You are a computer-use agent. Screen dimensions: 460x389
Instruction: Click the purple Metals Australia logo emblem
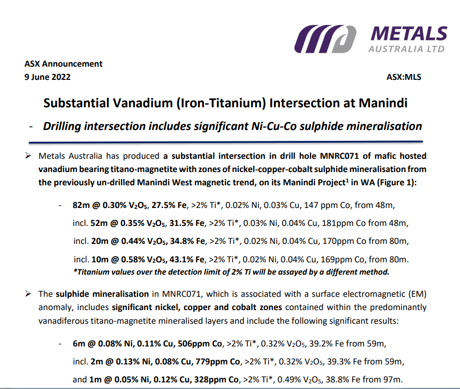tap(325, 39)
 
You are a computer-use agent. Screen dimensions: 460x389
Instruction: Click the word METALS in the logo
tap(409, 34)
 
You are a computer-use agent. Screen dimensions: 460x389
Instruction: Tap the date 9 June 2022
tap(48, 77)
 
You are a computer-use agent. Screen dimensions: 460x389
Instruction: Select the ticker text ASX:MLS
tap(404, 77)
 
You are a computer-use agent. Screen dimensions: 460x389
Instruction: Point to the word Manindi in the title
tap(383, 103)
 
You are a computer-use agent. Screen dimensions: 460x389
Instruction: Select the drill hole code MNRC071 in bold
tap(339, 156)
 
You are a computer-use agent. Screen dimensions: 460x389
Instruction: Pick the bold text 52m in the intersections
tap(99, 223)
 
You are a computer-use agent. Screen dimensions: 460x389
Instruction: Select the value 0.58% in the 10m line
tap(132, 259)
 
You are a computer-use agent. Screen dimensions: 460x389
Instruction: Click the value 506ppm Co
tap(200, 344)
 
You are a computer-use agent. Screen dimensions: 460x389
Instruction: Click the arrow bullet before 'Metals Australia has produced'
tap(28, 156)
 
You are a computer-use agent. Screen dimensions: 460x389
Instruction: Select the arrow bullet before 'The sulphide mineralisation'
tap(28, 294)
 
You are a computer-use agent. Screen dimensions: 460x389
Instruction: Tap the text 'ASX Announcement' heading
tap(63, 64)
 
